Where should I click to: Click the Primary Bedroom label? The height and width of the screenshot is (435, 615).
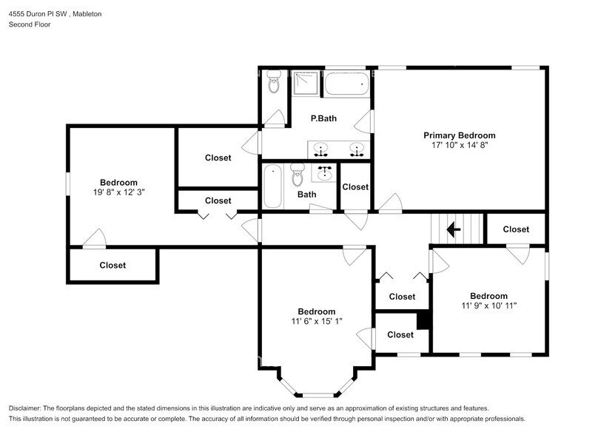[x=459, y=135]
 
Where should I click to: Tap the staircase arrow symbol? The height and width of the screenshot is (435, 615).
[x=454, y=230]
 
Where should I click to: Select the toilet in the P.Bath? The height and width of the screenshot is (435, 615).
[x=273, y=83]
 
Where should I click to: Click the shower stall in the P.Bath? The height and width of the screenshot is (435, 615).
[x=304, y=83]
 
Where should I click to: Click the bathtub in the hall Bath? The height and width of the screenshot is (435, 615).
[x=272, y=186]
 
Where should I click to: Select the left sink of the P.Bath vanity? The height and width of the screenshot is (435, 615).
[x=320, y=150]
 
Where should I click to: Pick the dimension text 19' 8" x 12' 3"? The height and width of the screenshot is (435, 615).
[x=118, y=192]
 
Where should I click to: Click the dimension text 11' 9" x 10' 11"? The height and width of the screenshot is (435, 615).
[x=488, y=306]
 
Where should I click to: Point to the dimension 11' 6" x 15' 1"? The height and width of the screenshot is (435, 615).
[x=316, y=321]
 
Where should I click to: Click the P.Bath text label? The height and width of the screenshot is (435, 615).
[x=323, y=118]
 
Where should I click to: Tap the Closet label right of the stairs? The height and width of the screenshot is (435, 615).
[x=516, y=229]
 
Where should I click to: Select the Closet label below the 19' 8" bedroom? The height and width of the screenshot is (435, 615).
[x=112, y=265]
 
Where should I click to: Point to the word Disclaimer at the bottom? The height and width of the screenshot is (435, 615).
[x=28, y=408]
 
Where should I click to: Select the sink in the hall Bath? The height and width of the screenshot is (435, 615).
[x=324, y=174]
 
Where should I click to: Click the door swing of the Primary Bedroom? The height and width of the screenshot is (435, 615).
[x=389, y=202]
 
